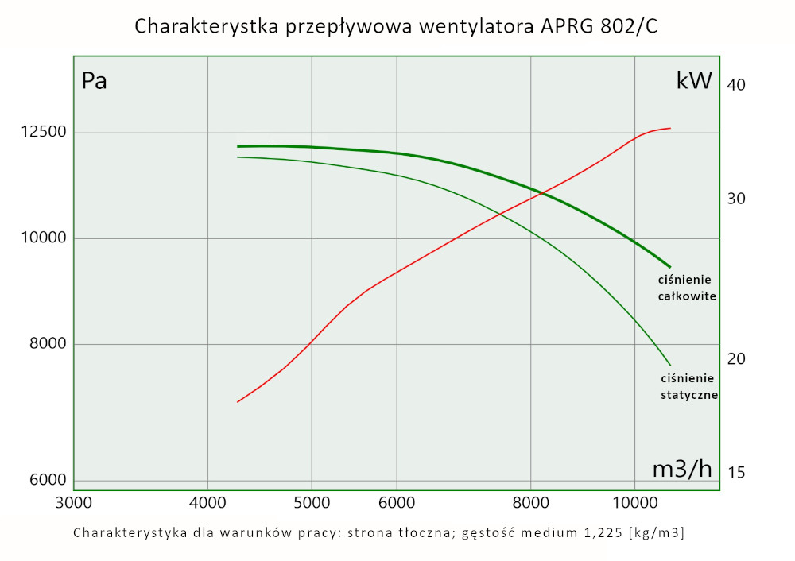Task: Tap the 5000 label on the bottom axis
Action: pos(312,502)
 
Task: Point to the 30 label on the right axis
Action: pos(736,199)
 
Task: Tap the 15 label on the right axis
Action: pos(736,473)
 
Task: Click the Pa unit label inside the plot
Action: pos(94,81)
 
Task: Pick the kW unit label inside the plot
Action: pos(693,81)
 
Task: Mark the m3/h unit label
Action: pos(682,469)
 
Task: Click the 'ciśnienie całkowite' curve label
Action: pos(688,288)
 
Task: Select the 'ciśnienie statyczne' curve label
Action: pos(689,386)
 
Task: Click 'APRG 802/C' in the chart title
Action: pos(601,26)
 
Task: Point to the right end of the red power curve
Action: pos(671,128)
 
